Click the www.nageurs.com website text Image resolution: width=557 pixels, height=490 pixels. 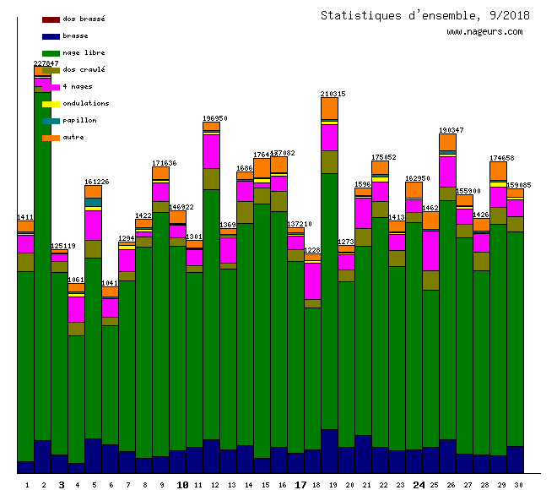pos(484,32)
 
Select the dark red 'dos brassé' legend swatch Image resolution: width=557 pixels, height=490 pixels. pos(51,19)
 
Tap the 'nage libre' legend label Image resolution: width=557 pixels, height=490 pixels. pos(84,52)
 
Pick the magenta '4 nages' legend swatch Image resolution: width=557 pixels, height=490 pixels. pos(51,86)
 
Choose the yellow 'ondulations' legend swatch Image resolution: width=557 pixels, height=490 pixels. pos(51,103)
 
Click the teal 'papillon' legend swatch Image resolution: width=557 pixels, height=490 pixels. pos(51,120)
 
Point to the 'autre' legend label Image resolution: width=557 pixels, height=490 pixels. pos(73,137)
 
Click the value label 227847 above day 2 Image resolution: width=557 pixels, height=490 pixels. pos(46,63)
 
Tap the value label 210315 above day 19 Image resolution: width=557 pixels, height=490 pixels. pos(333,94)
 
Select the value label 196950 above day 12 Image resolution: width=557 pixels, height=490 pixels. pos(214,118)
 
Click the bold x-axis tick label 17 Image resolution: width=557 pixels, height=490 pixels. pos(300,485)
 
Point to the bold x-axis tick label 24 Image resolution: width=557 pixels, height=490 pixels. pos(419,485)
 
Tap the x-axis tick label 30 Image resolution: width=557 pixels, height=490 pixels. pos(515,485)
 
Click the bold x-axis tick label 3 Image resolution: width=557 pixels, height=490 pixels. pos(61,485)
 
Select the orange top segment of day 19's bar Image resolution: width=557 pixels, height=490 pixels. pos(329,108)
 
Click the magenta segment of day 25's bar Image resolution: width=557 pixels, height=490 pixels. pos(430,250)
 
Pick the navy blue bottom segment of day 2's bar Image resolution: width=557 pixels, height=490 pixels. pos(42,456)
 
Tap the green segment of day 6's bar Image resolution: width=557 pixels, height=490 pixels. pos(110,384)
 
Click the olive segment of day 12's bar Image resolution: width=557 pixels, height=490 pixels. pos(211,178)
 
